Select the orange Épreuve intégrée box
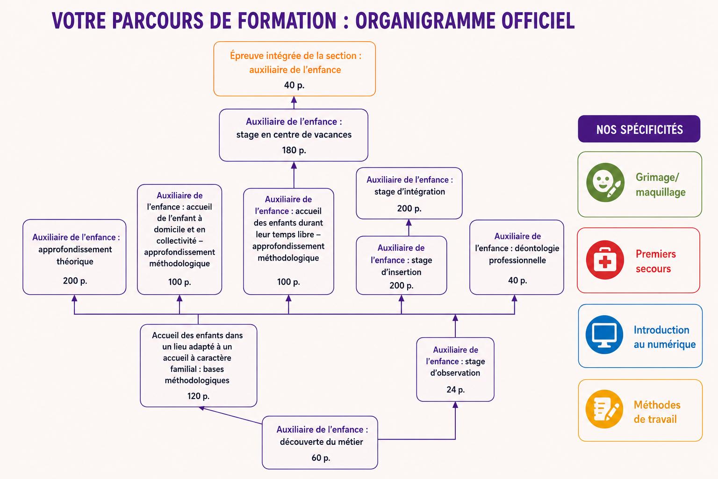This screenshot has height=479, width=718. coord(294,69)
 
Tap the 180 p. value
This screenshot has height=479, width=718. coord(294,150)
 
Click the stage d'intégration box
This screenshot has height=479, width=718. coord(409,193)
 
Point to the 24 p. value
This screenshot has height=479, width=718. coord(455,390)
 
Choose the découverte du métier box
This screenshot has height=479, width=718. coord(320,443)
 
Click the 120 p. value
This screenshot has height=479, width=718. coord(198,396)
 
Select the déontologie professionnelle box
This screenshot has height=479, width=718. coord(517,257)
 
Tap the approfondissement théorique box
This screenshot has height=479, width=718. coord(74,257)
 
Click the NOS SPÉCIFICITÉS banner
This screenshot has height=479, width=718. coord(639,129)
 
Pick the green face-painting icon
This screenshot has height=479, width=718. coord(605,182)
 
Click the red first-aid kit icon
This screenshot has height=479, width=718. coord(605,260)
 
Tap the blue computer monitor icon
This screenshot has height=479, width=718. coord(604,334)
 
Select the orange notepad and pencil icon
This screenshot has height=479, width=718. coord(604,409)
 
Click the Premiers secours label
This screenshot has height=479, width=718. coord(656,261)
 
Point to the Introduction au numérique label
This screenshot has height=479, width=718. coord(664,337)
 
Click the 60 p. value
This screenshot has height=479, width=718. coord(321,458)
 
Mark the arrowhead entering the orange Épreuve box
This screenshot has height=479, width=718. coord(294,100)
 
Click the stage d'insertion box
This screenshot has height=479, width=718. coord(402,265)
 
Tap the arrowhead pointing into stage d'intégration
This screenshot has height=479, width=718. coord(409,222)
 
